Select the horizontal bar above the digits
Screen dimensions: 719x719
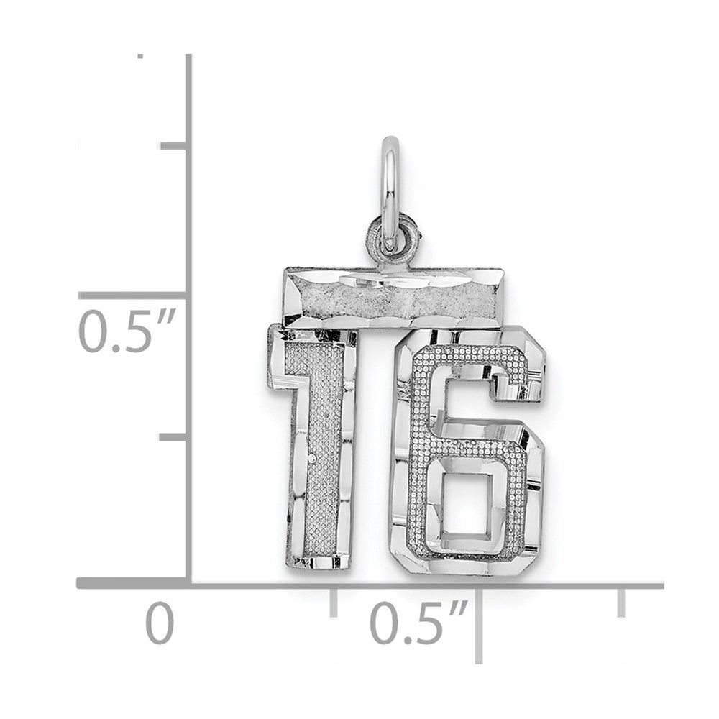393,298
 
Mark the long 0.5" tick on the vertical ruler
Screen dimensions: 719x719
134,296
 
